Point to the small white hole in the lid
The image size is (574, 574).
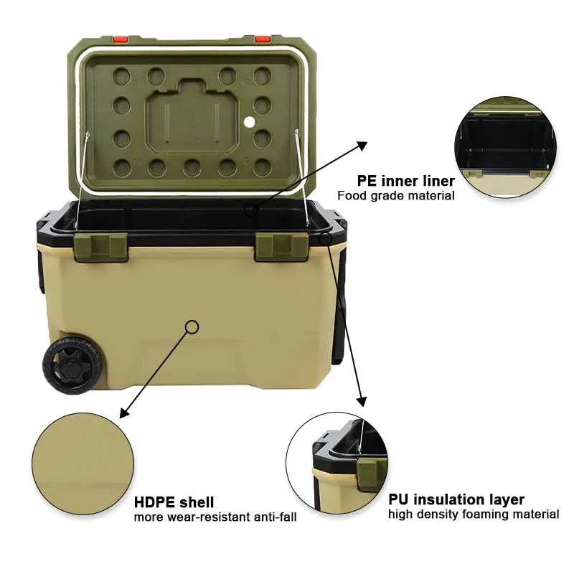[250, 122]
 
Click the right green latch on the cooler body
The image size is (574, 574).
[281, 246]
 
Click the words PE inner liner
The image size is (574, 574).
[405, 181]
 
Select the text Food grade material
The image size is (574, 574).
[395, 195]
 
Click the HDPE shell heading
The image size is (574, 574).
[174, 502]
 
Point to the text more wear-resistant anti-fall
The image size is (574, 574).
[215, 517]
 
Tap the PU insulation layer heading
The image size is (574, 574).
[456, 499]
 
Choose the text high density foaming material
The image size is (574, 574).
[474, 514]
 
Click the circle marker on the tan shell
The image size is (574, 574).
[192, 327]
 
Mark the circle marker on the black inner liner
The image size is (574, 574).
[250, 210]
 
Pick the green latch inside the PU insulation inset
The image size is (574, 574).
[367, 474]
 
